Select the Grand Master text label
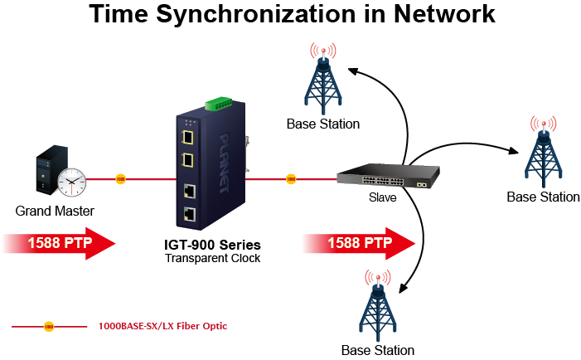(x=55, y=211)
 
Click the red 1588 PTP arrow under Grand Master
(x=59, y=244)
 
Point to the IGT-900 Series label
(x=212, y=245)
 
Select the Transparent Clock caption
(x=212, y=258)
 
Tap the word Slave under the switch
(x=382, y=198)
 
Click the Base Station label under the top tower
(x=323, y=124)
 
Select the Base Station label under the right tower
(x=543, y=197)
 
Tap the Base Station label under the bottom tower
(x=377, y=350)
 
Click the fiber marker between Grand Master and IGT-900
(x=121, y=178)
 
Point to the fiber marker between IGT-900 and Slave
(x=290, y=178)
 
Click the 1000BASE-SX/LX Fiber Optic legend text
(x=162, y=326)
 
